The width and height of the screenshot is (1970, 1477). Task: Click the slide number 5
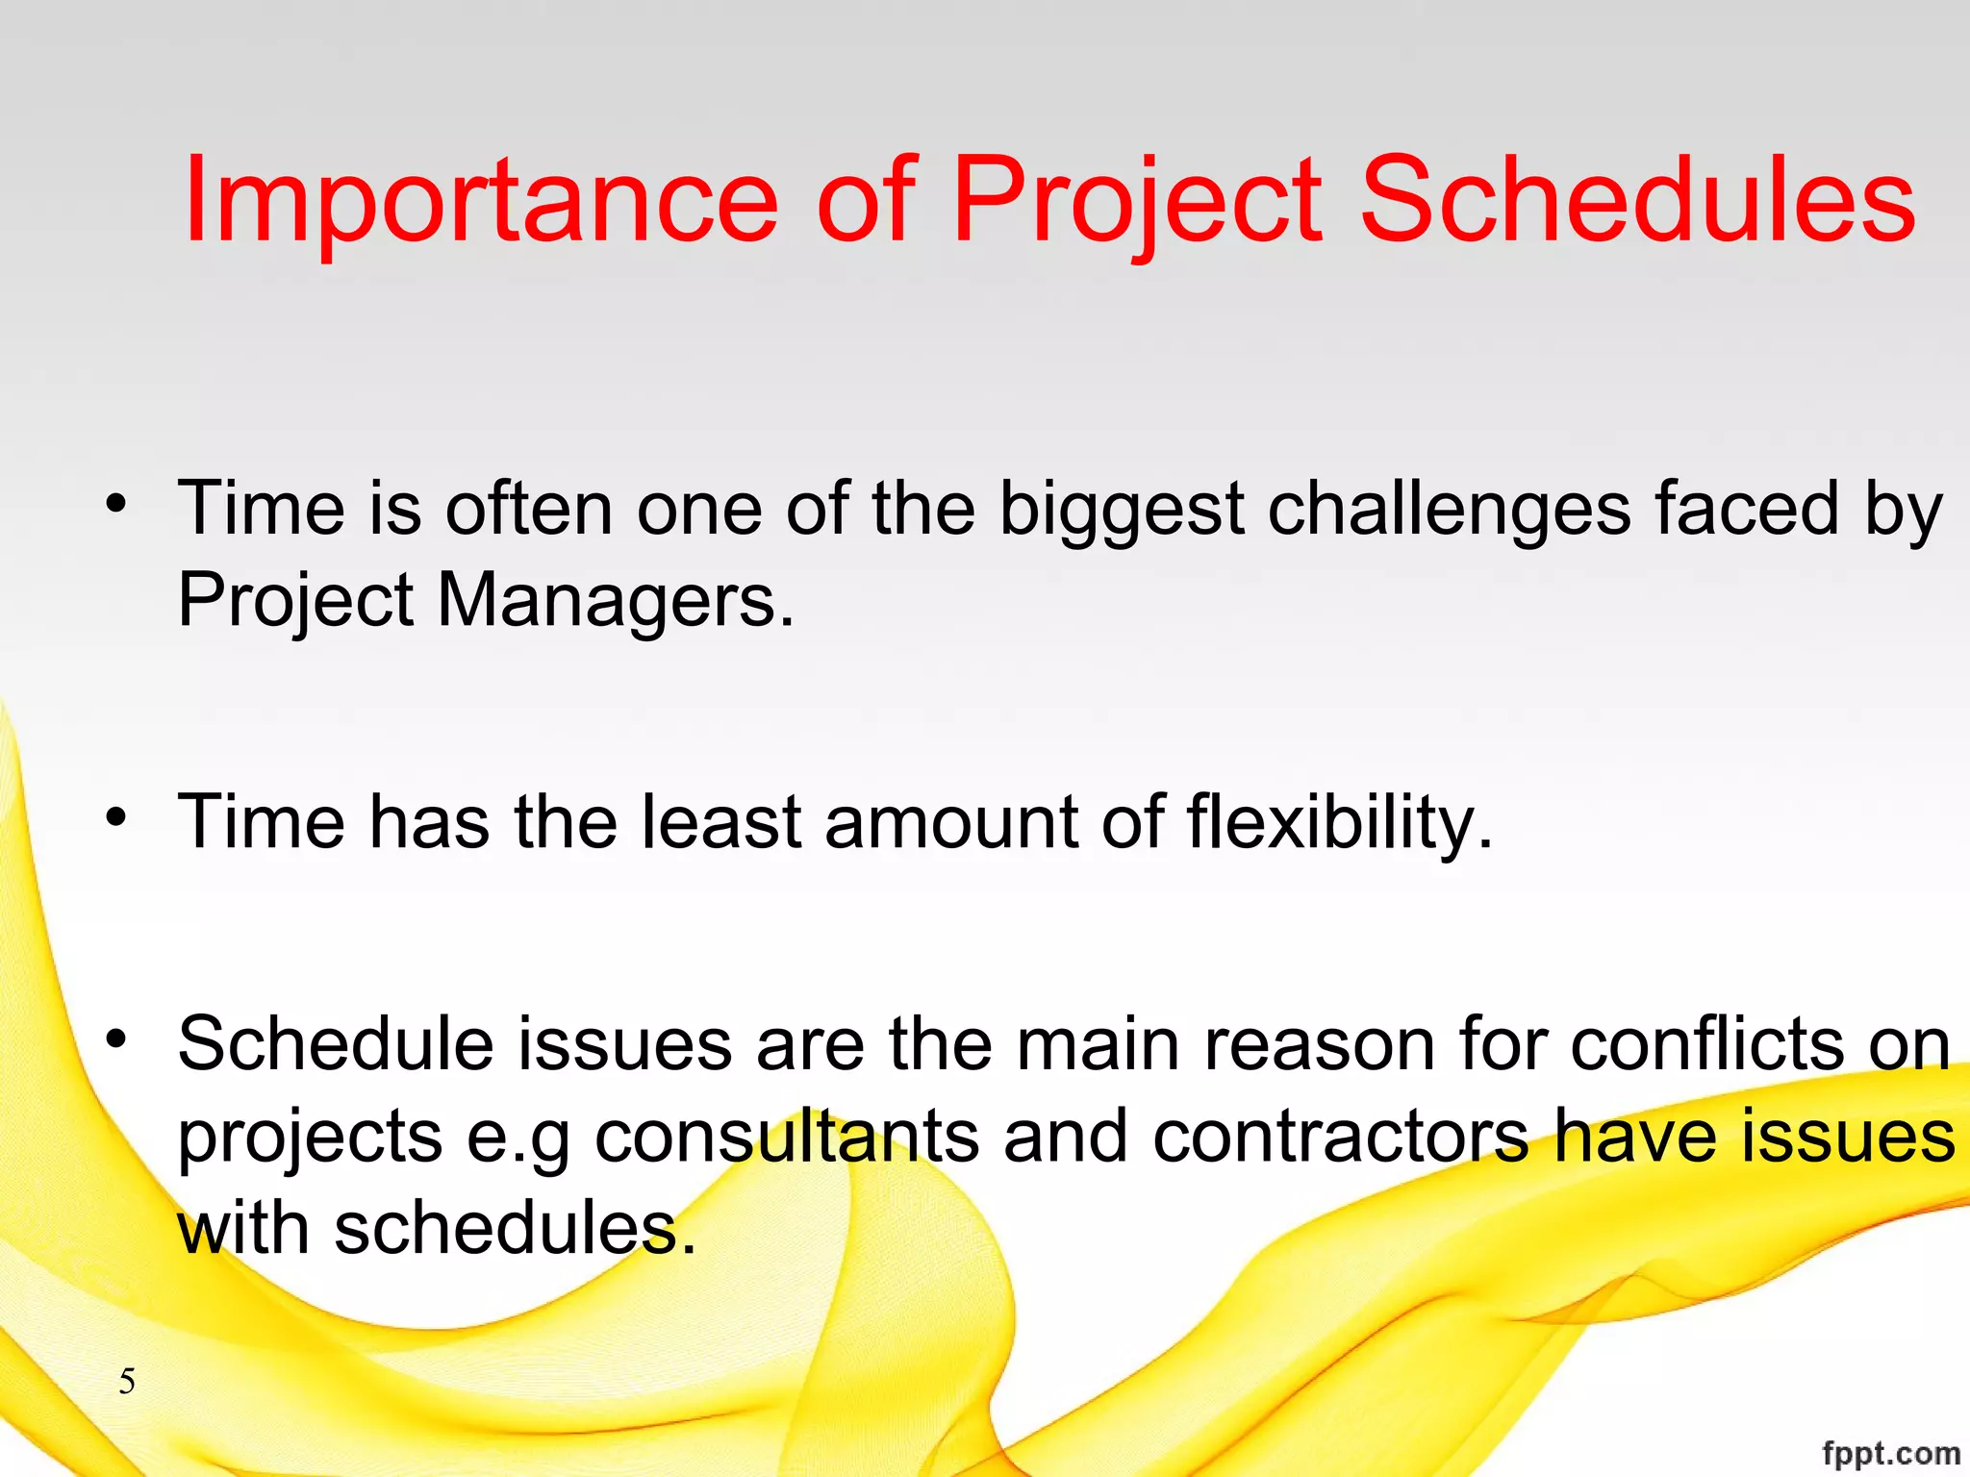click(x=127, y=1382)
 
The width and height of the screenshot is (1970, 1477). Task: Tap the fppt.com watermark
click(x=1890, y=1453)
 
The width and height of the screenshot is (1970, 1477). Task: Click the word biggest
click(x=1122, y=510)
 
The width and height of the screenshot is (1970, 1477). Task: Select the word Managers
click(x=616, y=601)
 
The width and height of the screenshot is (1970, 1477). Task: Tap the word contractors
click(x=1341, y=1137)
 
